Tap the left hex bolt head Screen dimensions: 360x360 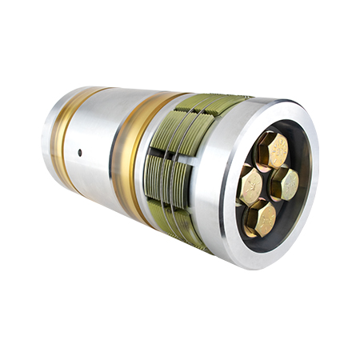pos(251,186)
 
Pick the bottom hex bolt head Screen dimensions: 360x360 pos(261,218)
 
